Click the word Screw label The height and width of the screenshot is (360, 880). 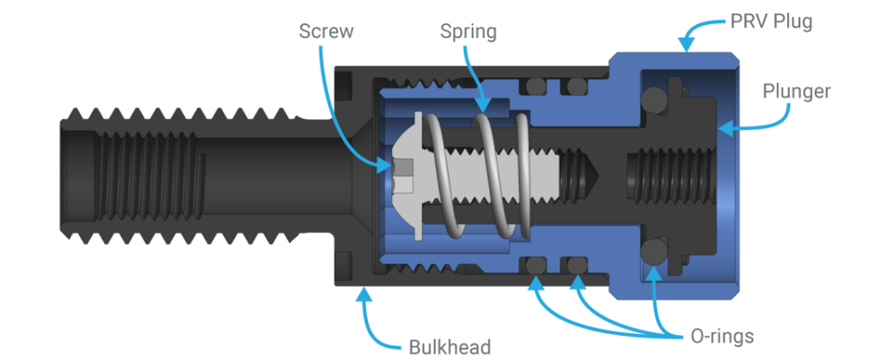pyautogui.click(x=324, y=32)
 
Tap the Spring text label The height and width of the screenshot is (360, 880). pyautogui.click(x=469, y=32)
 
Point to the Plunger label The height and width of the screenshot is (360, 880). pyautogui.click(x=796, y=91)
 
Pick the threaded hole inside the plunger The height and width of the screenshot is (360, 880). pyautogui.click(x=666, y=176)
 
